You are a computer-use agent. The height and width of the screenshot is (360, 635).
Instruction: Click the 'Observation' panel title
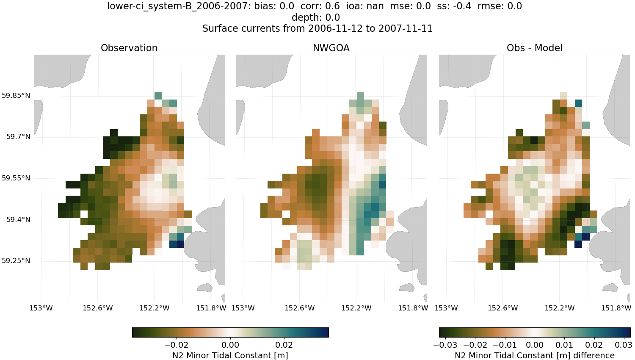(x=129, y=48)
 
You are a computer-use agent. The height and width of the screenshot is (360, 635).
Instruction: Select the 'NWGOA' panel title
(x=331, y=48)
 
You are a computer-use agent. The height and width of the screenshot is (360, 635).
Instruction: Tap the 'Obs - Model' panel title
(x=534, y=48)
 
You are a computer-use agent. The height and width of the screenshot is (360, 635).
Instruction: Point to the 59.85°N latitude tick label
(x=16, y=95)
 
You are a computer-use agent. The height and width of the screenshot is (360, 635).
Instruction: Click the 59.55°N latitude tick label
(x=16, y=178)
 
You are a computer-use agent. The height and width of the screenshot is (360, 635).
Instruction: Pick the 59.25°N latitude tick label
(x=16, y=260)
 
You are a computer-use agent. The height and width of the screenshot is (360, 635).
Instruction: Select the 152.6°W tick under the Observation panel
(x=97, y=308)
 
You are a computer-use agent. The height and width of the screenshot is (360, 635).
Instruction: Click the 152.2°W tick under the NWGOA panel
(x=356, y=308)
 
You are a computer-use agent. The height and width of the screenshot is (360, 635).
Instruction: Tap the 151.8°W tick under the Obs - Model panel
(x=616, y=308)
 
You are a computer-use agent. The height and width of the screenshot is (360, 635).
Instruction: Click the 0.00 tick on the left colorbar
(x=230, y=345)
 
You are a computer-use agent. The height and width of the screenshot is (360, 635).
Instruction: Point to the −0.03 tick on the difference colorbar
(x=445, y=345)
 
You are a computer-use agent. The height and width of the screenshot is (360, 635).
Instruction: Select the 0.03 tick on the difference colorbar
(x=624, y=345)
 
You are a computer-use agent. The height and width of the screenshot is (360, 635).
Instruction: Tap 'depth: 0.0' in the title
(x=316, y=17)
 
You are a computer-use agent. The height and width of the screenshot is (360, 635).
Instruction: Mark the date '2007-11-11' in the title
(x=406, y=28)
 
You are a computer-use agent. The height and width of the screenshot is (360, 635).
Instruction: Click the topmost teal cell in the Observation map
(x=158, y=95)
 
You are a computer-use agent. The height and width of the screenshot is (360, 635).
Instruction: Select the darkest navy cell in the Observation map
(x=180, y=244)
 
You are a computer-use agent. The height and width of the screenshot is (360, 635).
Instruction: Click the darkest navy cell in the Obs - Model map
(x=585, y=237)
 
